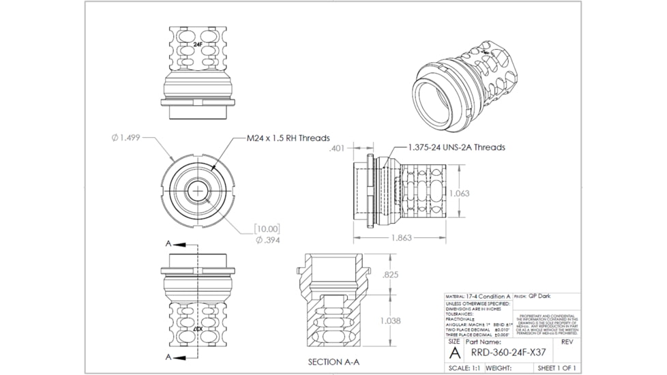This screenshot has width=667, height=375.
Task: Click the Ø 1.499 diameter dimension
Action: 126,138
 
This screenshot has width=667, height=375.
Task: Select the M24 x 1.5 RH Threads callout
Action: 288,138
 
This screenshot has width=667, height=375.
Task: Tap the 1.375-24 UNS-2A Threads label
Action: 457,147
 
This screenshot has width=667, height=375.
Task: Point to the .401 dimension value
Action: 337,148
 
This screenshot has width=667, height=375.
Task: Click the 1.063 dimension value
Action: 459,193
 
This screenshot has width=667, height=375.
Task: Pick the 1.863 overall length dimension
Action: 401,239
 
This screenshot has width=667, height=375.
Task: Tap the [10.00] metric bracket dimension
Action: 267,228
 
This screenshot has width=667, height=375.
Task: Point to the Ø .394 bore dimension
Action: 267,239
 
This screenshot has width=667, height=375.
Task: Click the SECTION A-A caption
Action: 334,361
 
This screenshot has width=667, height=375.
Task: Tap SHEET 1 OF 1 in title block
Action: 557,368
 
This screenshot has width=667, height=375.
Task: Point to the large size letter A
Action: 454,352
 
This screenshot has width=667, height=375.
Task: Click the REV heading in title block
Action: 567,342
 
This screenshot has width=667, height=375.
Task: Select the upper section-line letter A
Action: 168,243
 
